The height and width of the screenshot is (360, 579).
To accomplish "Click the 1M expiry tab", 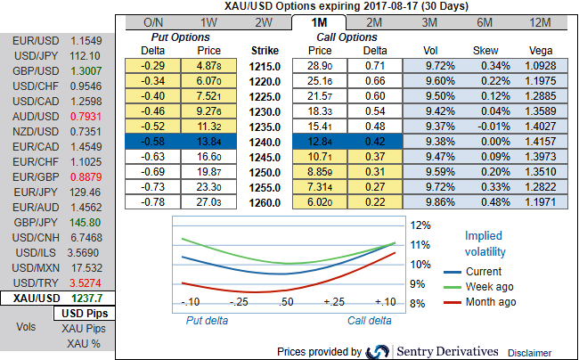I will [x=319, y=20].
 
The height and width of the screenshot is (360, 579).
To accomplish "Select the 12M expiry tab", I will [x=538, y=20].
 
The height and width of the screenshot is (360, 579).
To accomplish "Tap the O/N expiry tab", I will [x=153, y=20].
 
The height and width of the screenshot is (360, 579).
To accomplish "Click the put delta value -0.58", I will [x=153, y=140].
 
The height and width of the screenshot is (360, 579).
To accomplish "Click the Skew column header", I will [x=484, y=51].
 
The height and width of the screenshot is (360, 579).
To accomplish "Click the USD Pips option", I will [x=85, y=314].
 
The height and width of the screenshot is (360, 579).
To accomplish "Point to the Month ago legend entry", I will [x=491, y=302].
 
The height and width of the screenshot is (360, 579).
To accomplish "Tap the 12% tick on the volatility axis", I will [x=420, y=225].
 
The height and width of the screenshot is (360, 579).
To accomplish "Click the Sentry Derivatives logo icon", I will [x=378, y=351].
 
